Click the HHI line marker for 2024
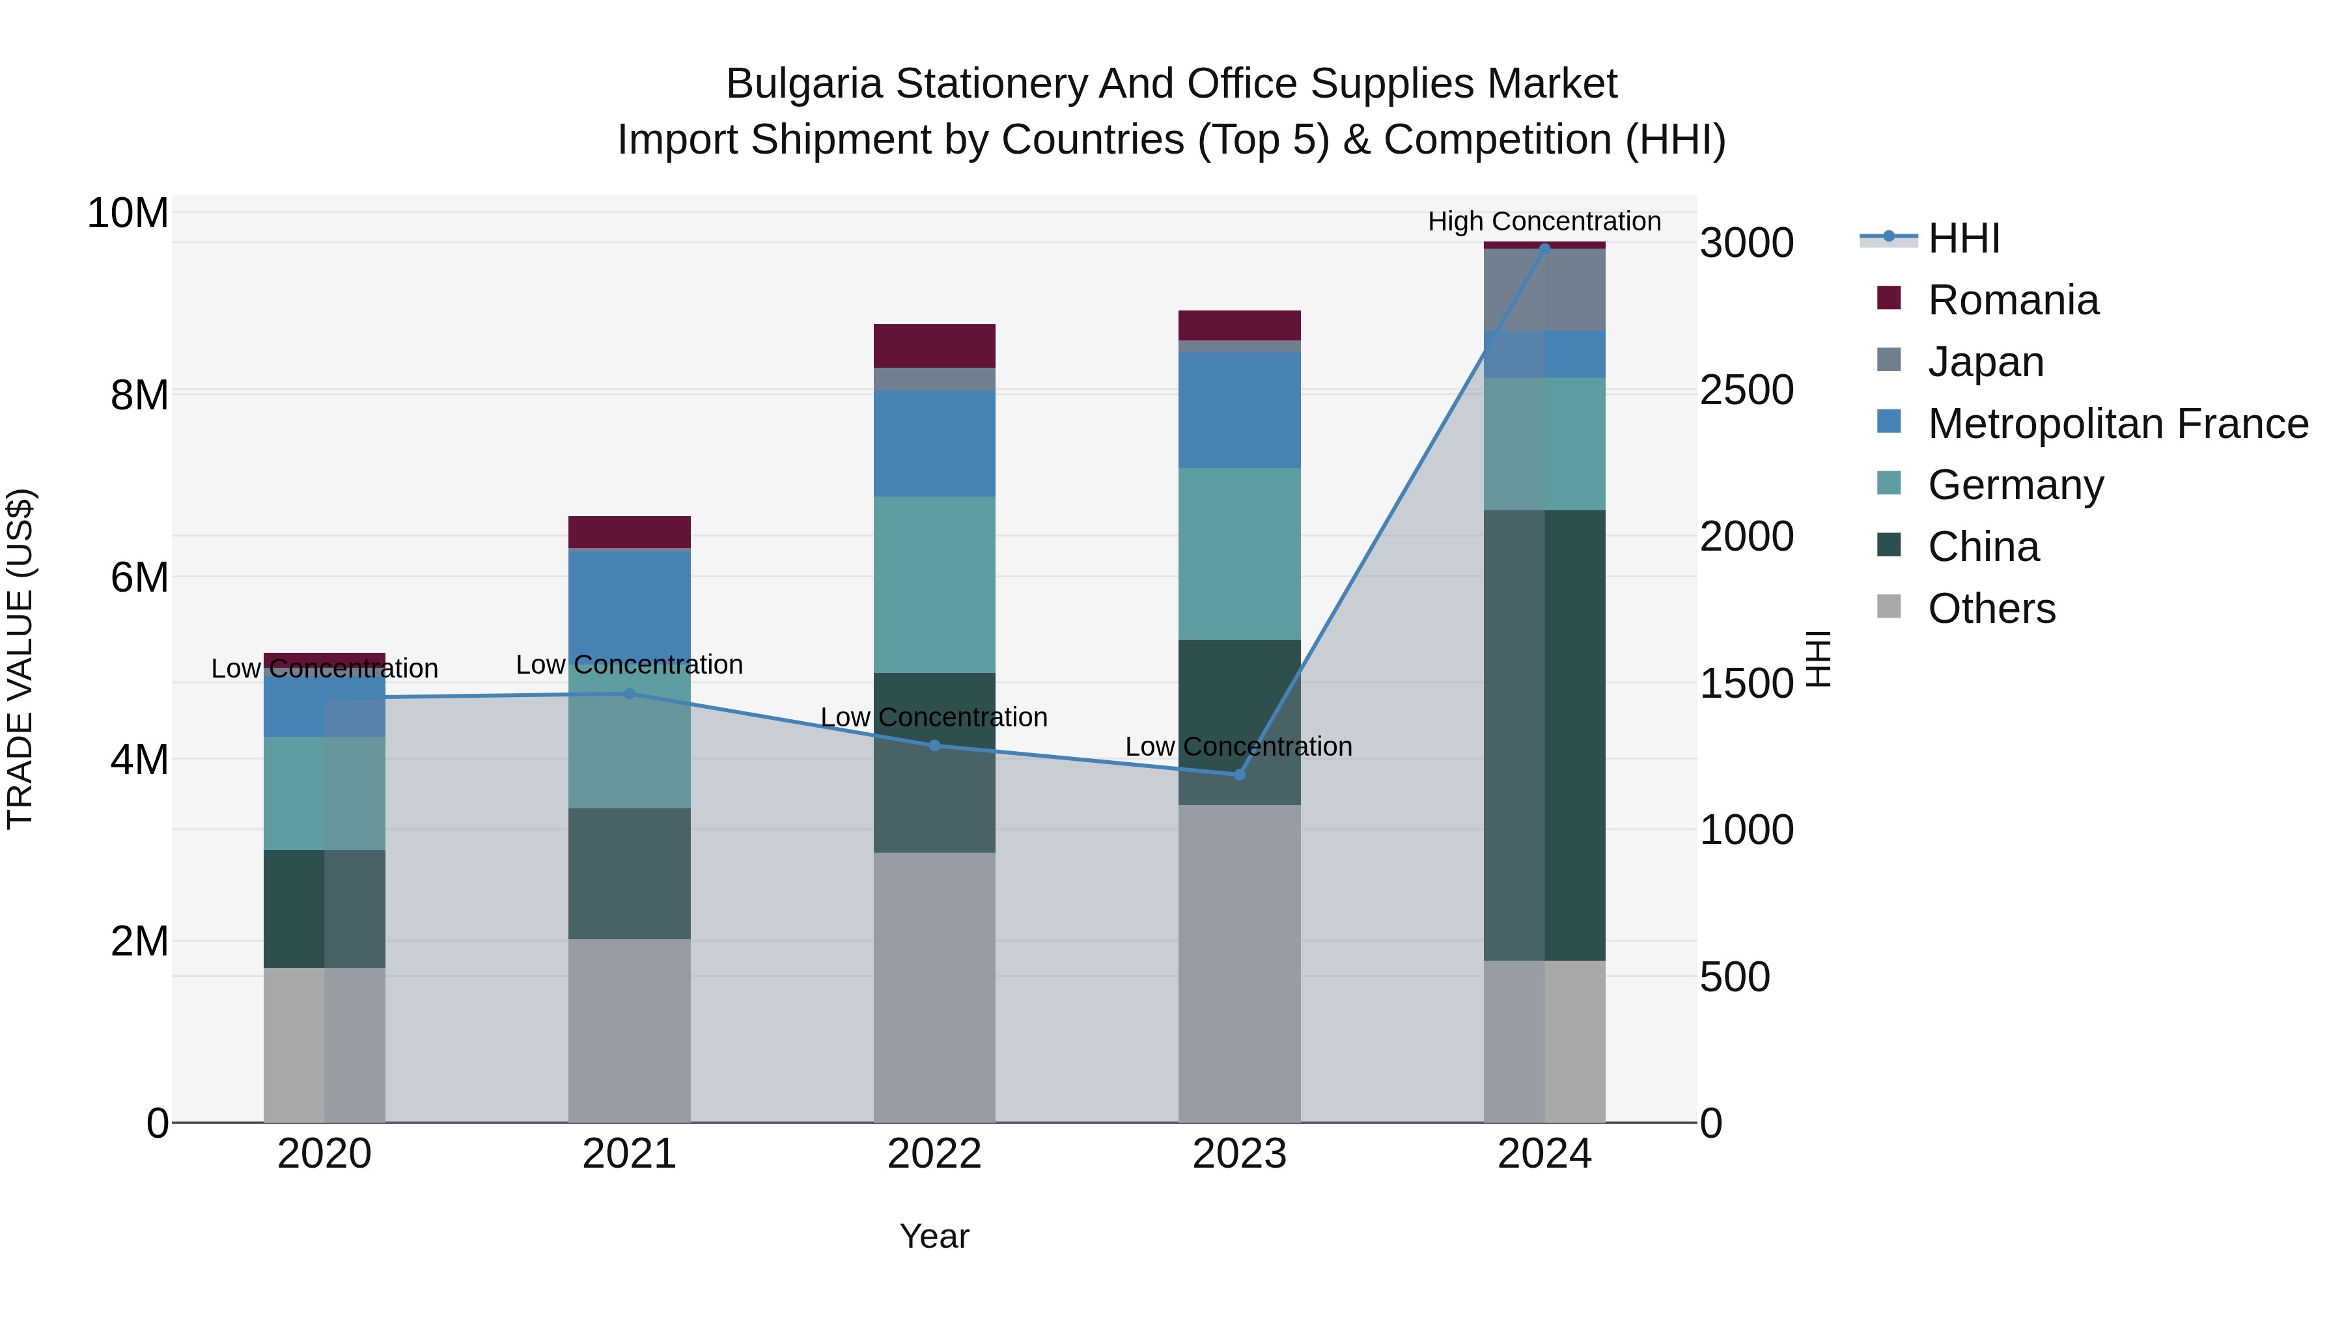[x=1544, y=249]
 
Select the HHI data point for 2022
[x=934, y=746]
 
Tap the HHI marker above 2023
[x=1239, y=775]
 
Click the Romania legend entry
[x=2013, y=300]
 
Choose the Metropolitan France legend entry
[x=2117, y=424]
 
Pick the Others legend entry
[x=1991, y=609]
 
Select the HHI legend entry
[x=1964, y=238]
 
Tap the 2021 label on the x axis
[x=629, y=1154]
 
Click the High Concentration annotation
[x=1544, y=221]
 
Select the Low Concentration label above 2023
[x=1238, y=747]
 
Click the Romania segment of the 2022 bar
[x=934, y=346]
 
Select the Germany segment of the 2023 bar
[x=1239, y=554]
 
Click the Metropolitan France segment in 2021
[x=629, y=600]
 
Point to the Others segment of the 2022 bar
[x=934, y=987]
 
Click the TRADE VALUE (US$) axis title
[x=21, y=659]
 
